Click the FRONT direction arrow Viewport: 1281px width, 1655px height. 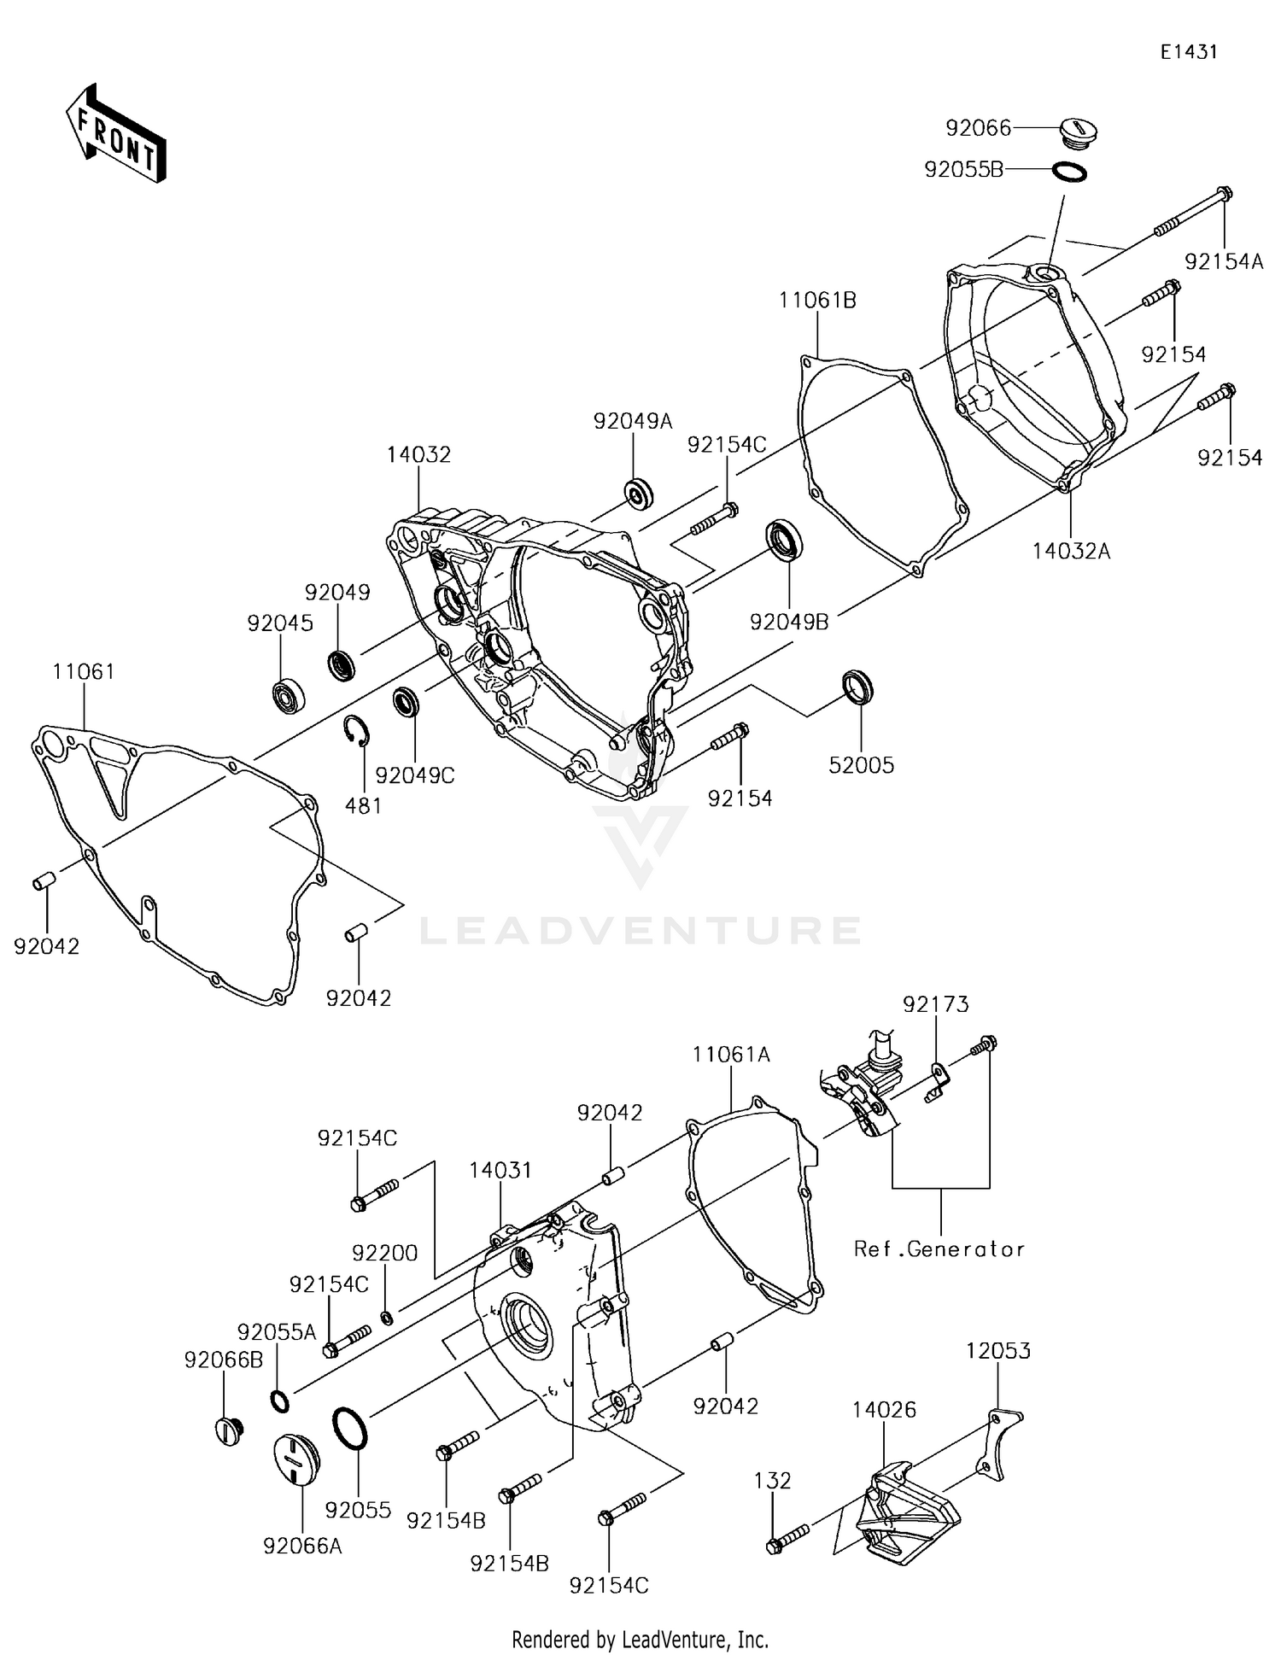pos(116,134)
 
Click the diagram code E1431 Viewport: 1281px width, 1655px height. pos(1188,52)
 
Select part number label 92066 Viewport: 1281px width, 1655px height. pos(978,128)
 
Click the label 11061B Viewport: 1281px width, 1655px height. pos(817,301)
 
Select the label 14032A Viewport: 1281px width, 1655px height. pos(1071,552)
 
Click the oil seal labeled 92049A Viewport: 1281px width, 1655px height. pos(638,494)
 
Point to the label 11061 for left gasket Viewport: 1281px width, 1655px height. pos(84,672)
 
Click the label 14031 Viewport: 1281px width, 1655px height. pos(500,1170)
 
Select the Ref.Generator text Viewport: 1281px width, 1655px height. pos(939,1249)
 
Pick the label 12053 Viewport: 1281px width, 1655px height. pos(998,1351)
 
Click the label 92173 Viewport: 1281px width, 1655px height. pos(936,1005)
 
